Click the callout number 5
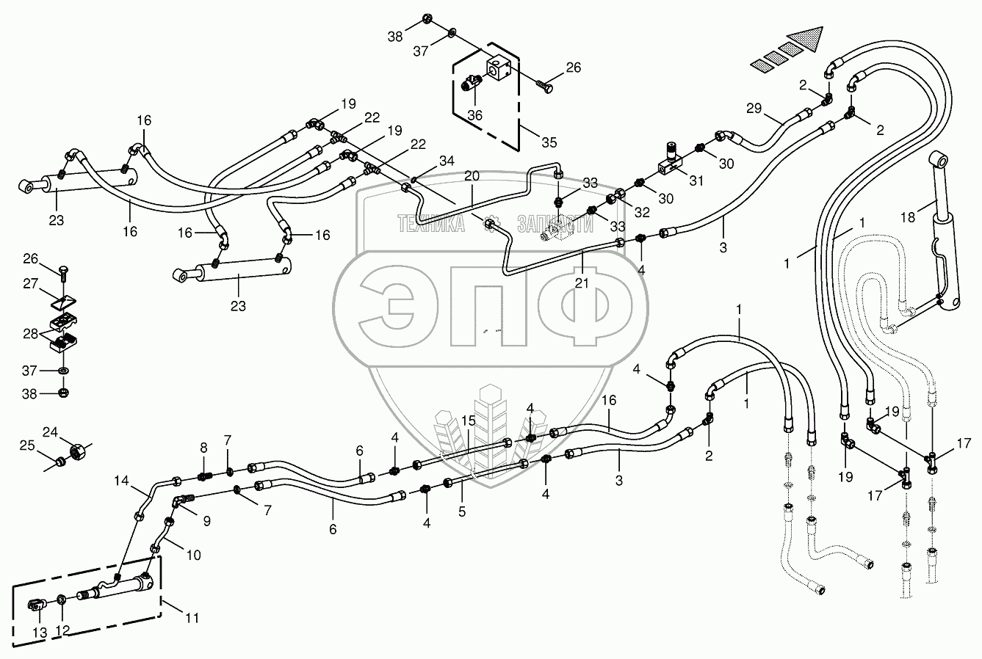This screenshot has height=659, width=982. (462, 512)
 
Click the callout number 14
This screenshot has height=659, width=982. (120, 481)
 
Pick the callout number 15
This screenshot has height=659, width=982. (469, 421)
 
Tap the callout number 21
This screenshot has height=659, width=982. (581, 283)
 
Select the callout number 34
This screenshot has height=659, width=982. (447, 161)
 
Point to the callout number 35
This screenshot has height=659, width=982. (548, 142)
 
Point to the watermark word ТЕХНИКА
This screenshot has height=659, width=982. (430, 223)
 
